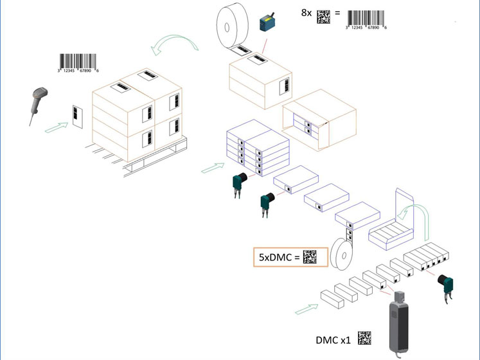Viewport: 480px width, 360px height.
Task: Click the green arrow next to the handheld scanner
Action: pyautogui.click(x=56, y=128)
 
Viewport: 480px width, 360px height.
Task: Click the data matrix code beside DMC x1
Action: pyautogui.click(x=364, y=337)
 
